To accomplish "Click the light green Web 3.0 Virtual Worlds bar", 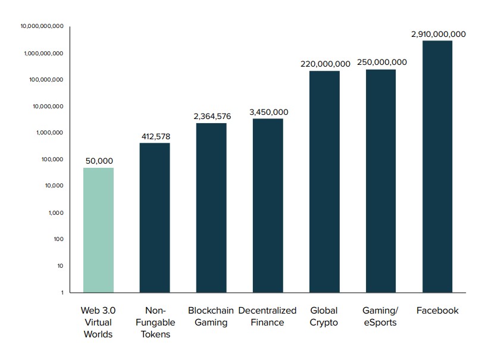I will pyautogui.click(x=98, y=230).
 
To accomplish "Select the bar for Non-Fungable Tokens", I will pyautogui.click(x=155, y=217).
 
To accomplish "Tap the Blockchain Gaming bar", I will pyautogui.click(x=211, y=207).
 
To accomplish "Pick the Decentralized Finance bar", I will pyautogui.click(x=268, y=205).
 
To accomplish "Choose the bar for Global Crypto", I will pyautogui.click(x=324, y=181).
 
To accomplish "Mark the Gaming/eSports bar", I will pyautogui.click(x=381, y=180).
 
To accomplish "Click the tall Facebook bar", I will pyautogui.click(x=437, y=167).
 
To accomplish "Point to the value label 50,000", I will pyautogui.click(x=99, y=161).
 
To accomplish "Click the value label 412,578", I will pyautogui.click(x=155, y=136).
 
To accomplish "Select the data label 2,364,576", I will pyautogui.click(x=212, y=116).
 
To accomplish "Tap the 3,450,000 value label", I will pyautogui.click(x=268, y=112).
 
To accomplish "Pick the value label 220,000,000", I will pyautogui.click(x=325, y=64).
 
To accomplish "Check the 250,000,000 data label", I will pyautogui.click(x=381, y=62).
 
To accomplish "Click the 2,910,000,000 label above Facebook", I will pyautogui.click(x=438, y=34).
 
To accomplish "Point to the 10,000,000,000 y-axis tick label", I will pyautogui.click(x=42, y=26).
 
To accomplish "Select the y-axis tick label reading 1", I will pyautogui.click(x=61, y=292).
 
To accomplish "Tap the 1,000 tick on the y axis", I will pyautogui.click(x=55, y=212).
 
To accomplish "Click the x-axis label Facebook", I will pyautogui.click(x=437, y=311).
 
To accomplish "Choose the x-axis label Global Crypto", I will pyautogui.click(x=324, y=317).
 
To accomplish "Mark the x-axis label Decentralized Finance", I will pyautogui.click(x=267, y=317).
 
